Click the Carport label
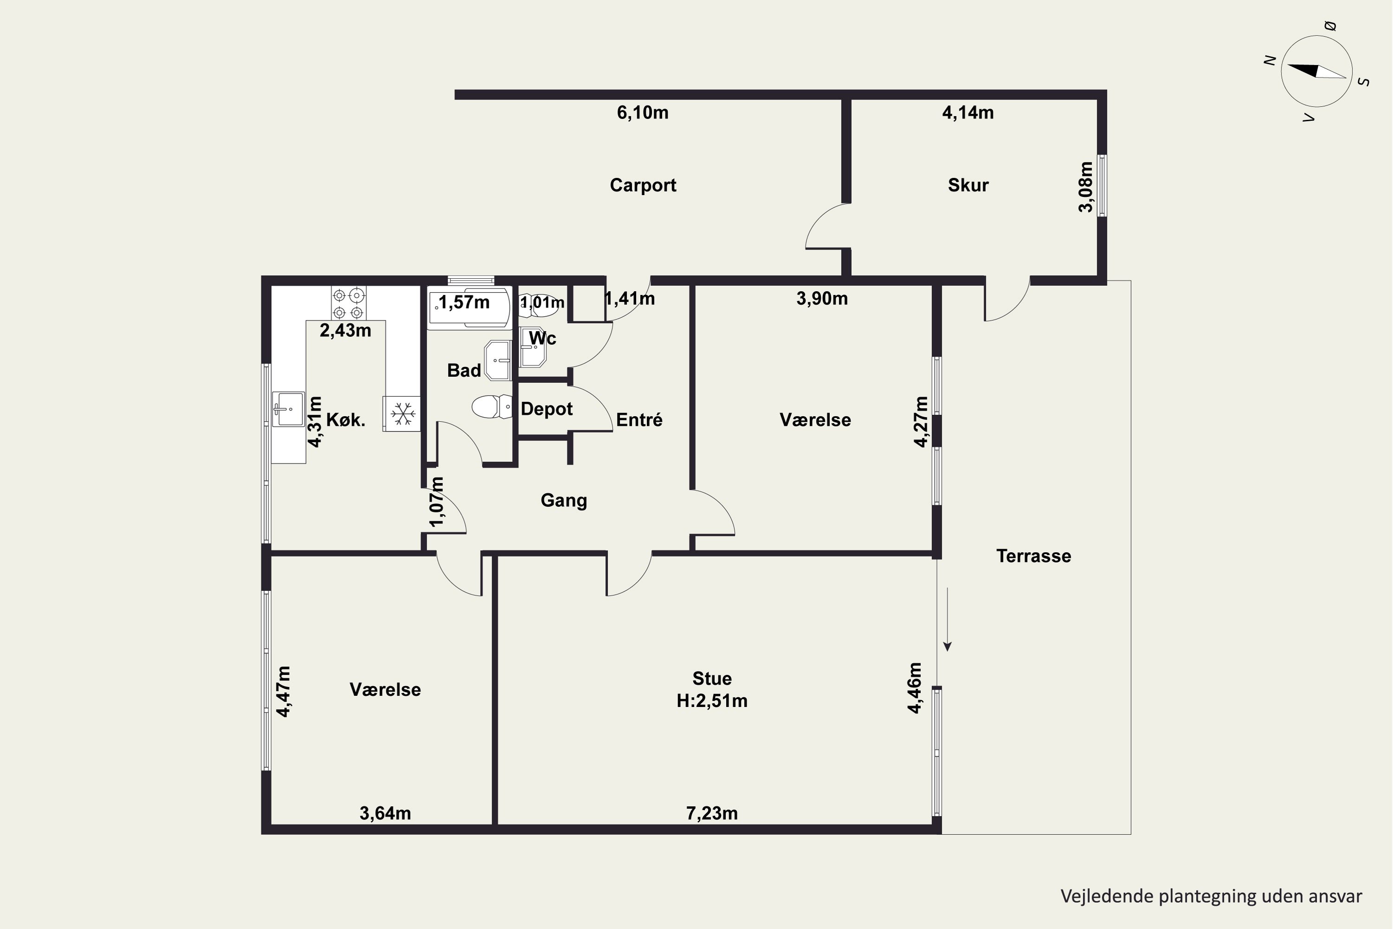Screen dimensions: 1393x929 click(x=643, y=185)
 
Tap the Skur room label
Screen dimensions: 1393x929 click(x=968, y=185)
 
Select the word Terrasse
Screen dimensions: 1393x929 click(x=1034, y=556)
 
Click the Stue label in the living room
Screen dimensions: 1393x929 click(x=712, y=678)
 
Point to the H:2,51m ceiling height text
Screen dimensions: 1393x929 click(x=712, y=701)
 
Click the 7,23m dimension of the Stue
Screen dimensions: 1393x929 click(x=712, y=813)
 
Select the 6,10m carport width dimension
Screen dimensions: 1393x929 click(x=643, y=112)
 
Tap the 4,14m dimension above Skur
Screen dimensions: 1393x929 click(x=968, y=112)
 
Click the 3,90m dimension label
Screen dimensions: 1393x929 click(x=822, y=299)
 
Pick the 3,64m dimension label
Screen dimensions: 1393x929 click(x=385, y=813)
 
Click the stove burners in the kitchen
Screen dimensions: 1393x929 click(x=348, y=303)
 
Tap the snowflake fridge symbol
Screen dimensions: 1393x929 click(x=403, y=413)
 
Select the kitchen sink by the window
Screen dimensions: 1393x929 click(x=288, y=409)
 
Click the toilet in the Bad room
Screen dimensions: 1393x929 click(x=492, y=407)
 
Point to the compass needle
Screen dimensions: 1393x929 click(x=1316, y=71)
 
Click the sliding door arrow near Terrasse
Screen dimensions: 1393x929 click(x=947, y=619)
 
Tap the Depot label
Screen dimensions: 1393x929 click(x=547, y=409)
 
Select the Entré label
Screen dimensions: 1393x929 click(x=639, y=420)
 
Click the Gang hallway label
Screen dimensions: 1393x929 click(x=564, y=501)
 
